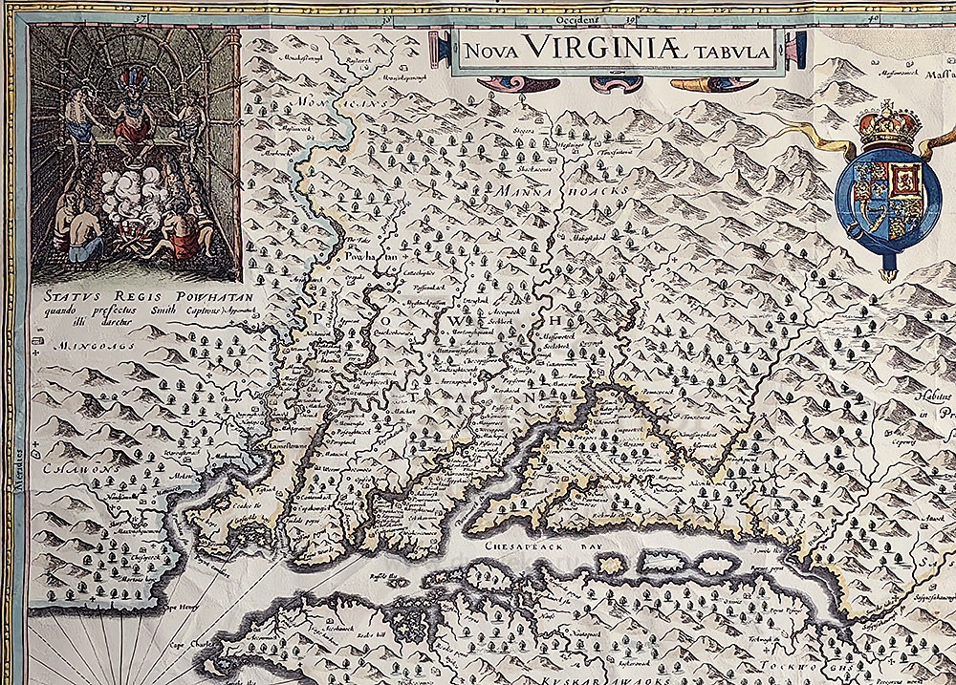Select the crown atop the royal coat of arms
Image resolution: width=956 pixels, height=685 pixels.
click(x=888, y=123)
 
